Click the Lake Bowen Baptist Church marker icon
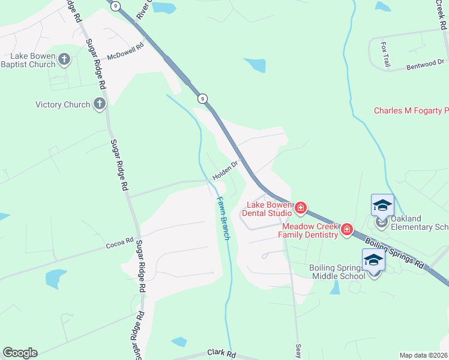point(65,59)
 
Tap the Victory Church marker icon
point(100,104)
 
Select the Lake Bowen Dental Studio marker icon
point(301,209)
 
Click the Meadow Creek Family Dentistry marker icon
point(346,229)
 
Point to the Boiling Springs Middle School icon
point(373,260)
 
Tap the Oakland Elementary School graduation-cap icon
point(382,206)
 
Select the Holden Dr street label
point(225,170)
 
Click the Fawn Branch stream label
point(223,218)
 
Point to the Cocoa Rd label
point(119,242)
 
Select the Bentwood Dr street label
point(425,65)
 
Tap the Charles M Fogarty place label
point(411,110)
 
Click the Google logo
point(20,353)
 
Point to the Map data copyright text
point(423,355)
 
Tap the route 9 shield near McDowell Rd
point(203,98)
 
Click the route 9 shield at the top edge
point(115,5)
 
